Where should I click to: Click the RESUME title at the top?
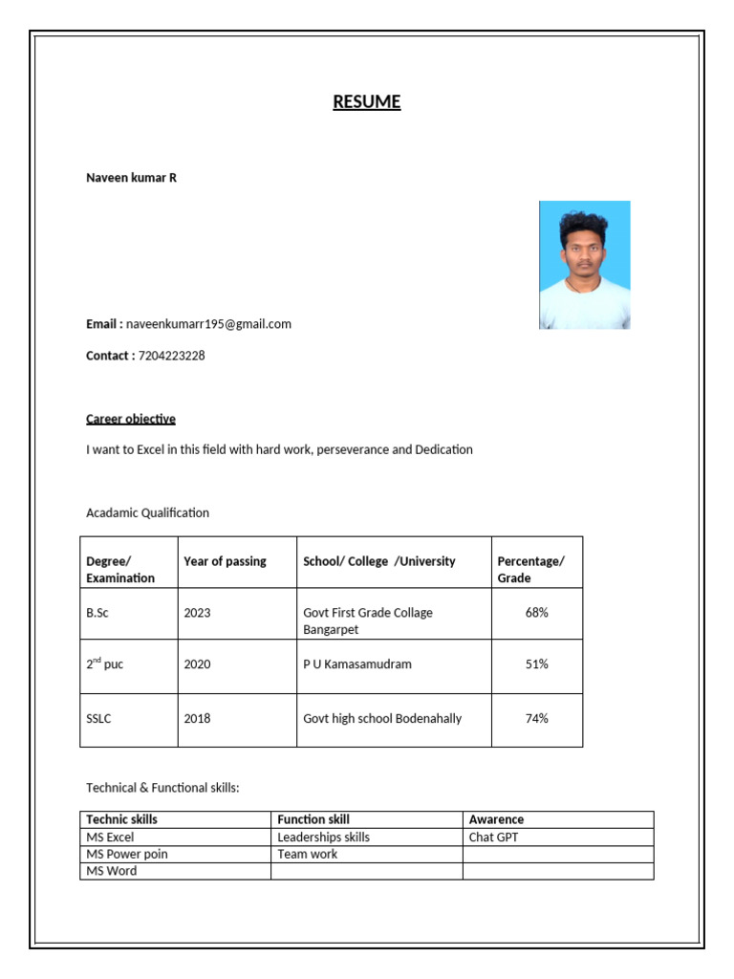(x=367, y=102)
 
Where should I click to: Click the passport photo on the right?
(x=584, y=265)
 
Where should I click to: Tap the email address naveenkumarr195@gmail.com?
(x=208, y=324)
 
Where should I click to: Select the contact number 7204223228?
(x=171, y=356)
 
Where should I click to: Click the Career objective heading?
(x=131, y=419)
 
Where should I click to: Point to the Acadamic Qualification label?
(x=147, y=512)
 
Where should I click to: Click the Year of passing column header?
(x=226, y=561)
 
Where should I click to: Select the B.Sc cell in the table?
(x=97, y=613)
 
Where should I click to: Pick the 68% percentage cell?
(x=536, y=613)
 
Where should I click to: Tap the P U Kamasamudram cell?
(x=357, y=664)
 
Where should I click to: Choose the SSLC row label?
(x=98, y=718)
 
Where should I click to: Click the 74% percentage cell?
(x=536, y=718)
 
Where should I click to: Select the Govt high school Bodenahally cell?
(x=382, y=718)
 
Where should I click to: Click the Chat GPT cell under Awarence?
(x=494, y=837)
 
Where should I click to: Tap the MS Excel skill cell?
(x=110, y=837)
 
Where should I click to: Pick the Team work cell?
(x=307, y=854)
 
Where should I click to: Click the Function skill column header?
(x=313, y=819)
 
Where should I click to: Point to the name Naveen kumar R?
(x=131, y=178)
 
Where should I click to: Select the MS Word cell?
(x=111, y=871)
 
